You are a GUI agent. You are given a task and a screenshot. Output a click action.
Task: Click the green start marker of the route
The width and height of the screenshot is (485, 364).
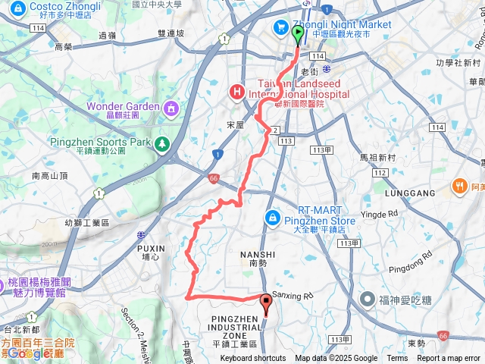point(297,33)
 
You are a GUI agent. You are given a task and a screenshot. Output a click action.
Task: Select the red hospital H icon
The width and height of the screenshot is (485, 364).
point(236,93)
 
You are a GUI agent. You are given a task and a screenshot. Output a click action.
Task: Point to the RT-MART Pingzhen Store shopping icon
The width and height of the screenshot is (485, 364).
point(272,218)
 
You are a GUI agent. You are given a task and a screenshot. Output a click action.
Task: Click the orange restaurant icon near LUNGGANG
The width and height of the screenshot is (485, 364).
point(459,186)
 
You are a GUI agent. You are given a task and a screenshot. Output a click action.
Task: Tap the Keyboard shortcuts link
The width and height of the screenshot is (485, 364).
point(253,359)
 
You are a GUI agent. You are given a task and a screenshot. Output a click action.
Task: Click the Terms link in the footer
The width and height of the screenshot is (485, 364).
point(397,359)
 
